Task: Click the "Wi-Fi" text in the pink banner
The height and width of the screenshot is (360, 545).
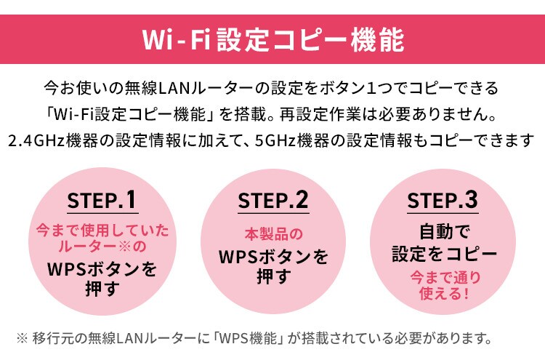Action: (x=177, y=40)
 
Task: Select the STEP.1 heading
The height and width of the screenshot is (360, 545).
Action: (x=102, y=200)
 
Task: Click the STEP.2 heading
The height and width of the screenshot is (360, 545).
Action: (x=273, y=200)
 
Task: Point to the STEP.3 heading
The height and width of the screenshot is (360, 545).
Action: (x=443, y=200)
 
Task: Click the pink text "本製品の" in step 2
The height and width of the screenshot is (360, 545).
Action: (x=273, y=234)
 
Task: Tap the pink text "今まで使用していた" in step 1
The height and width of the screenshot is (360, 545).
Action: (x=102, y=231)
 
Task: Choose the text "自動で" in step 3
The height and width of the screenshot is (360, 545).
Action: (x=445, y=232)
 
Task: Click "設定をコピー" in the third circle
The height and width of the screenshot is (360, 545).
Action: (x=445, y=254)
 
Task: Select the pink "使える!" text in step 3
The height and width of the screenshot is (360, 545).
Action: (x=445, y=293)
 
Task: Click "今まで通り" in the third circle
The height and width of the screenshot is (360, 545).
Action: (x=445, y=278)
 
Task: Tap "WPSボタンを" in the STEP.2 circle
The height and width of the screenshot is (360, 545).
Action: (x=273, y=257)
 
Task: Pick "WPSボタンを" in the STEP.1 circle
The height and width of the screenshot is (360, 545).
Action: (x=102, y=269)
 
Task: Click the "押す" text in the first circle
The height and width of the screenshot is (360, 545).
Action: (x=102, y=289)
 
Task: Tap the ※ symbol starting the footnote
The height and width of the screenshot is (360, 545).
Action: (x=22, y=338)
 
